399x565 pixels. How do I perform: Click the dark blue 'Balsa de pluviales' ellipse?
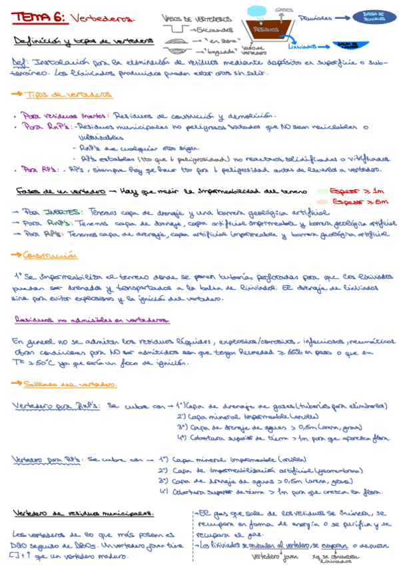pos(368,17)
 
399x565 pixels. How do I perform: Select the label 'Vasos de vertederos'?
pos(195,18)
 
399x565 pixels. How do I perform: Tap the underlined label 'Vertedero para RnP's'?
pos(56,405)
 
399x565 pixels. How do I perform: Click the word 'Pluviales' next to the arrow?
pos(316,18)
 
